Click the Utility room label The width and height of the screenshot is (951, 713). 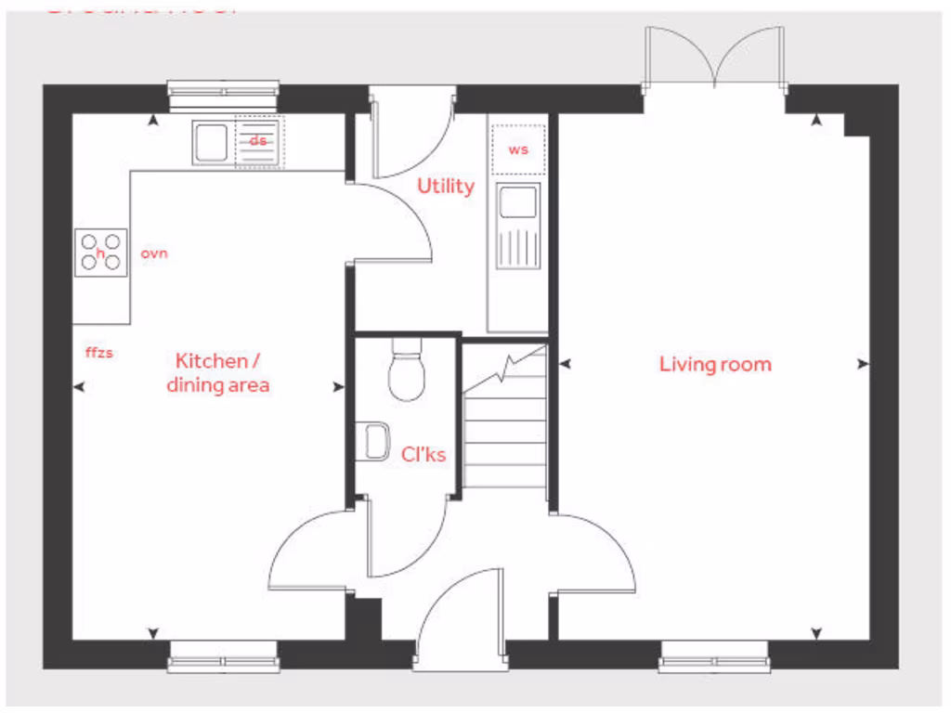click(445, 186)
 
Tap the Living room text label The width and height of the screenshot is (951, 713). click(715, 364)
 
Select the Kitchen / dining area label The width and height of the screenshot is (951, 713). click(218, 372)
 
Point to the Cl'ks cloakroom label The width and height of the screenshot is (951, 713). click(423, 455)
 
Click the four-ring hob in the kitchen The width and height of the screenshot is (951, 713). click(101, 251)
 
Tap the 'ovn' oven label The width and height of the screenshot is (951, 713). click(154, 253)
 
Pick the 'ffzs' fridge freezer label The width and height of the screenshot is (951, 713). click(98, 353)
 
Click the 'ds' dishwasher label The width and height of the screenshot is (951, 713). click(258, 141)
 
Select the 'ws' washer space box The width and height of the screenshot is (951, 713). click(518, 149)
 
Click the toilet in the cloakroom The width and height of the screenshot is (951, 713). click(407, 371)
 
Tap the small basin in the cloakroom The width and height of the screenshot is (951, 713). click(375, 441)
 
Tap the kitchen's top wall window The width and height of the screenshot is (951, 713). click(223, 89)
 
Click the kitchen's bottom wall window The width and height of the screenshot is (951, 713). click(223, 663)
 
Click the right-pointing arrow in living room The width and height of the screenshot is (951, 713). click(863, 364)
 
